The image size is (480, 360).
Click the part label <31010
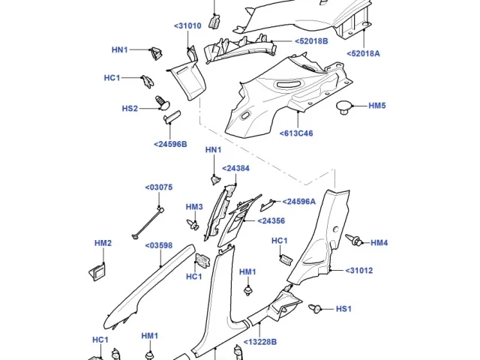pos(187,25)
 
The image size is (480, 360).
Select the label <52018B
pos(311,41)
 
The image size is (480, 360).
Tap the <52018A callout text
pos(363,53)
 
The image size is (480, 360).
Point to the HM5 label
pos(377,106)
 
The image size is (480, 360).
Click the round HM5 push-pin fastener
pos(344,107)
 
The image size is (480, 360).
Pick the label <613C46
pos(296,133)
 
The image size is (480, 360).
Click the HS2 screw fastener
pos(163,103)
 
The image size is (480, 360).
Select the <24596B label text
pos(170,144)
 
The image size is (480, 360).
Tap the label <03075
pos(158,187)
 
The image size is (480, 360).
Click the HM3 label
pos(194,207)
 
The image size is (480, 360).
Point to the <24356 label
pos(271,220)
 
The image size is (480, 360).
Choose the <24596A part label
pos(298,202)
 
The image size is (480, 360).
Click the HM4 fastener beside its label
pos(354,240)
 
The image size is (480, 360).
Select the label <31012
pos(359,271)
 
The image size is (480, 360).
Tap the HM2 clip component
pos(97,271)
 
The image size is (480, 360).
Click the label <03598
pos(158,245)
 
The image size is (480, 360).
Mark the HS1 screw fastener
pos(315,308)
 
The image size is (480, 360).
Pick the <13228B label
pos(260,342)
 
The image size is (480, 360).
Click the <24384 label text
pos(235,168)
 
